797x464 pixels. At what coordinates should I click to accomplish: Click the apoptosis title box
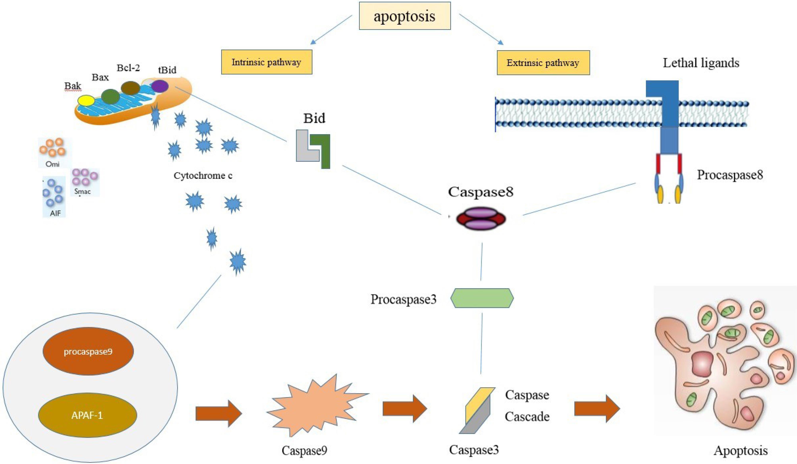tap(405, 16)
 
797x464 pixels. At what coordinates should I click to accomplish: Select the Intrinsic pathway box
tap(266, 62)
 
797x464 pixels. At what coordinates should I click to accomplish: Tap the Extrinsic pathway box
tap(543, 63)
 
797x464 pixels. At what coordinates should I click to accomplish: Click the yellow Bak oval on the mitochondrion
tap(86, 100)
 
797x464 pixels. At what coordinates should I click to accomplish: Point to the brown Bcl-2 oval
tap(131, 88)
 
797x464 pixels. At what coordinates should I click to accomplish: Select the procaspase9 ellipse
tap(88, 351)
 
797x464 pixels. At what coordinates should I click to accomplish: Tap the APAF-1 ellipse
tap(87, 415)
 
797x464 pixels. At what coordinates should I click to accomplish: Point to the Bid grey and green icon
tap(313, 149)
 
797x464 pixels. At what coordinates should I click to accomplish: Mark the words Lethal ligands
tap(701, 63)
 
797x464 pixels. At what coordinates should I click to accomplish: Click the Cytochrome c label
tap(203, 176)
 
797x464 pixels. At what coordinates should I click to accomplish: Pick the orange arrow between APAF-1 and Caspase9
tap(218, 413)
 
